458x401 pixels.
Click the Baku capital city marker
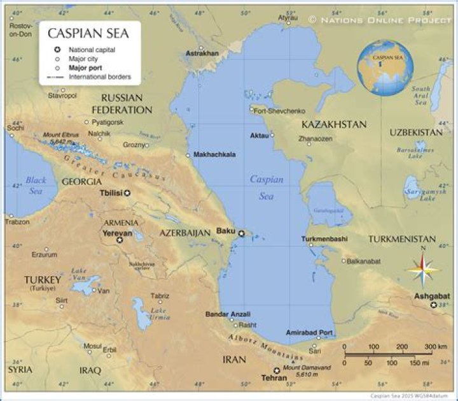pyautogui.click(x=241, y=234)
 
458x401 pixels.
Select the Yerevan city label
pyautogui.click(x=118, y=233)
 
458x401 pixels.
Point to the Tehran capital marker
pyautogui.click(x=277, y=370)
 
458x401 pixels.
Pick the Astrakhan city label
pyautogui.click(x=202, y=55)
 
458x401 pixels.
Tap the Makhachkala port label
pyautogui.click(x=214, y=154)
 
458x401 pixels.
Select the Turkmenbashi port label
pyautogui.click(x=324, y=239)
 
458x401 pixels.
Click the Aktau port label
pyautogui.click(x=260, y=136)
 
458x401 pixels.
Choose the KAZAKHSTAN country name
pyautogui.click(x=334, y=124)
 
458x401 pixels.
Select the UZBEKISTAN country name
pyautogui.click(x=416, y=132)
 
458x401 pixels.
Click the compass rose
pyautogui.click(x=424, y=270)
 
